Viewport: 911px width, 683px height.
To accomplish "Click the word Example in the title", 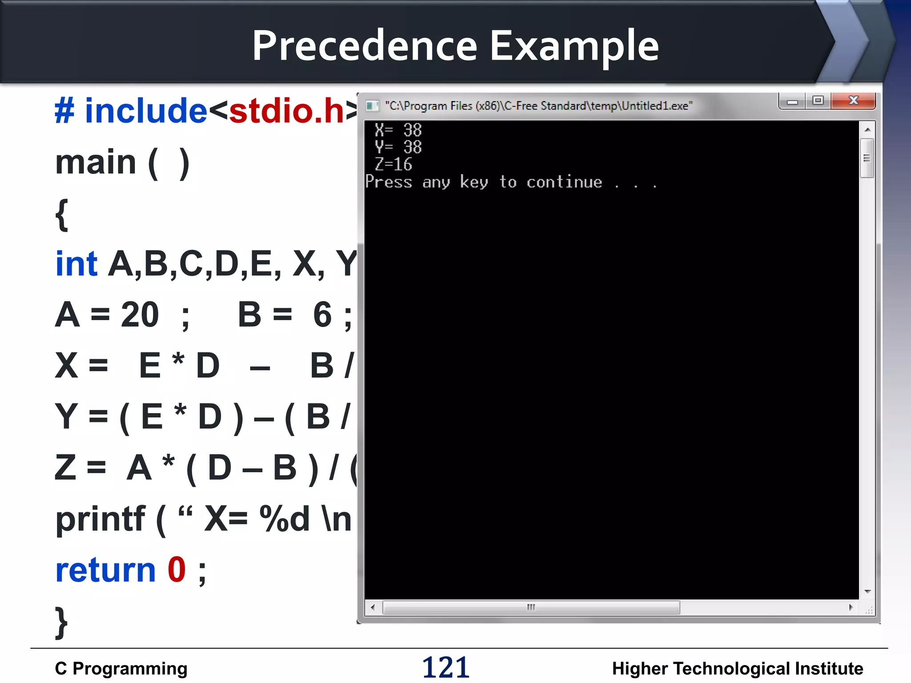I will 574,46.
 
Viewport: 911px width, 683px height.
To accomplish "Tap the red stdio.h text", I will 287,111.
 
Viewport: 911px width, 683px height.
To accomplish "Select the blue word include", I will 146,111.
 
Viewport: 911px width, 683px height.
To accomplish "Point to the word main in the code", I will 96,162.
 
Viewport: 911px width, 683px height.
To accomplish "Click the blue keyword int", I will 76,264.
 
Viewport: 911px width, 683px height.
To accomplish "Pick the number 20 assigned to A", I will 140,315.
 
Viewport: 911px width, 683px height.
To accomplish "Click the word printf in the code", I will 101,519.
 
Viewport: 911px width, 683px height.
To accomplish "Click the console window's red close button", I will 853,101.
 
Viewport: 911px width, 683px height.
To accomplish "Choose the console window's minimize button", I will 792,102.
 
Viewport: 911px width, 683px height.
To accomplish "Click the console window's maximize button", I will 818,101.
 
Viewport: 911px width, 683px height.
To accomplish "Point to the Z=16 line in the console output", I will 394,165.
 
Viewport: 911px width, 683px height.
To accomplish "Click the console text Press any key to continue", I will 484,182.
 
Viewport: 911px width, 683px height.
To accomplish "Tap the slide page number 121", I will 446,667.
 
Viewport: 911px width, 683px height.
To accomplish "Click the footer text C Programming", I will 121,668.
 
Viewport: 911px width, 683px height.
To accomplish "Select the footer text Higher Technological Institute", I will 738,668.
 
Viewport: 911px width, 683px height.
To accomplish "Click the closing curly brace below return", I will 61,623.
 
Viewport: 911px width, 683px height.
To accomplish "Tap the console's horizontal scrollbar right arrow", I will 851,607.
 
